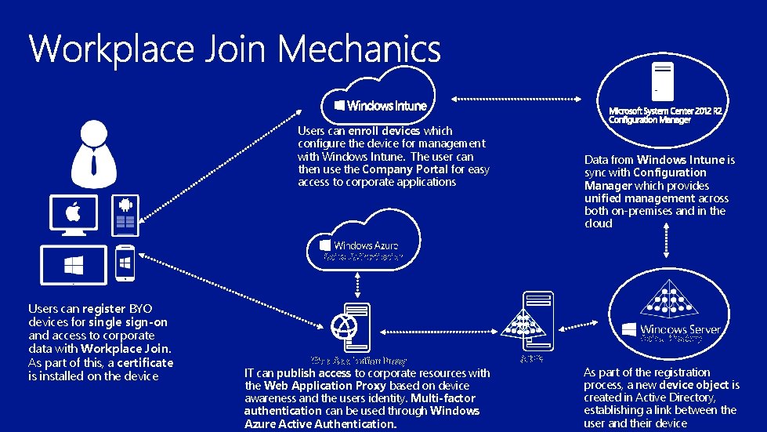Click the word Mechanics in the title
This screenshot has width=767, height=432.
click(360, 49)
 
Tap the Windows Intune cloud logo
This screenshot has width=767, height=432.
click(381, 105)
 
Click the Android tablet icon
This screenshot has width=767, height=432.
click(125, 214)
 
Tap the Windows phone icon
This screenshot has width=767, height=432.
click(125, 263)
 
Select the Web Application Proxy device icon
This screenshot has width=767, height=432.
click(348, 326)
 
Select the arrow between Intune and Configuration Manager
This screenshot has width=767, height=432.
click(517, 99)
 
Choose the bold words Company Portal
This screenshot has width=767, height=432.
click(405, 169)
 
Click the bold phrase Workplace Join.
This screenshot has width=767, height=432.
click(125, 348)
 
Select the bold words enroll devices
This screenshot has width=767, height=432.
click(384, 131)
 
